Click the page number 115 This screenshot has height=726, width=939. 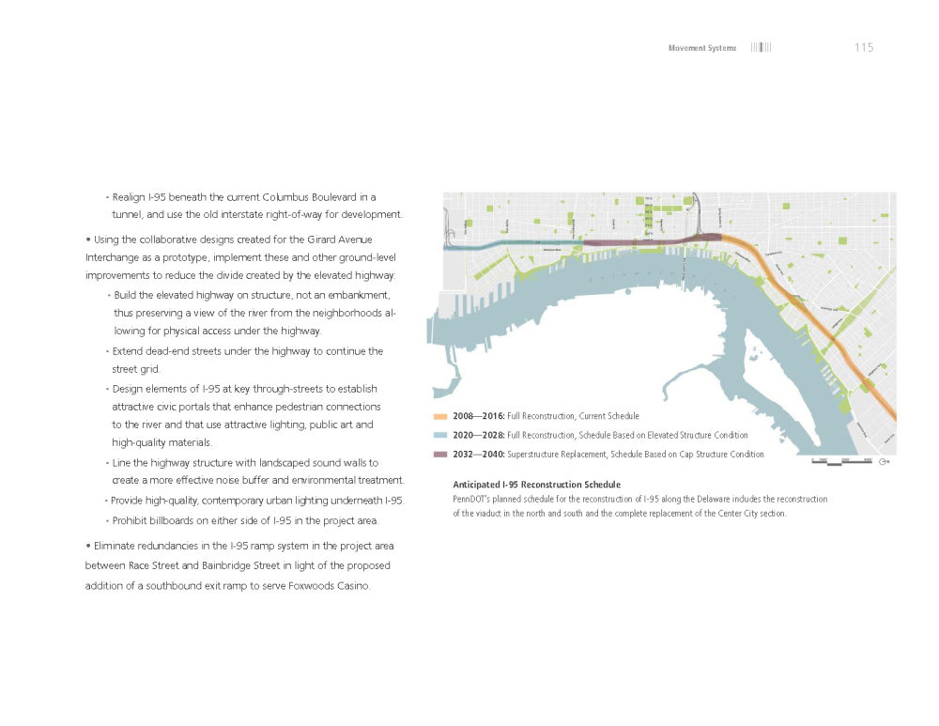click(864, 48)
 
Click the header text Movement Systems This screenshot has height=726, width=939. click(701, 48)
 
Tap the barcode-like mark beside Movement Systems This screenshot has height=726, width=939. click(761, 48)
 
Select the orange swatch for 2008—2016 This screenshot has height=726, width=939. click(439, 415)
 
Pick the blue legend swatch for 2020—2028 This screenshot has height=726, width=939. click(439, 435)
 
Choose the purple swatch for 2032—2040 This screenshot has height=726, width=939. click(439, 455)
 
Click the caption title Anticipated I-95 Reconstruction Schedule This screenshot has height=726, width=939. click(536, 485)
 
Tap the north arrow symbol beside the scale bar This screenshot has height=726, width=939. click(884, 461)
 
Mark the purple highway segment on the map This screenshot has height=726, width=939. click(648, 241)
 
